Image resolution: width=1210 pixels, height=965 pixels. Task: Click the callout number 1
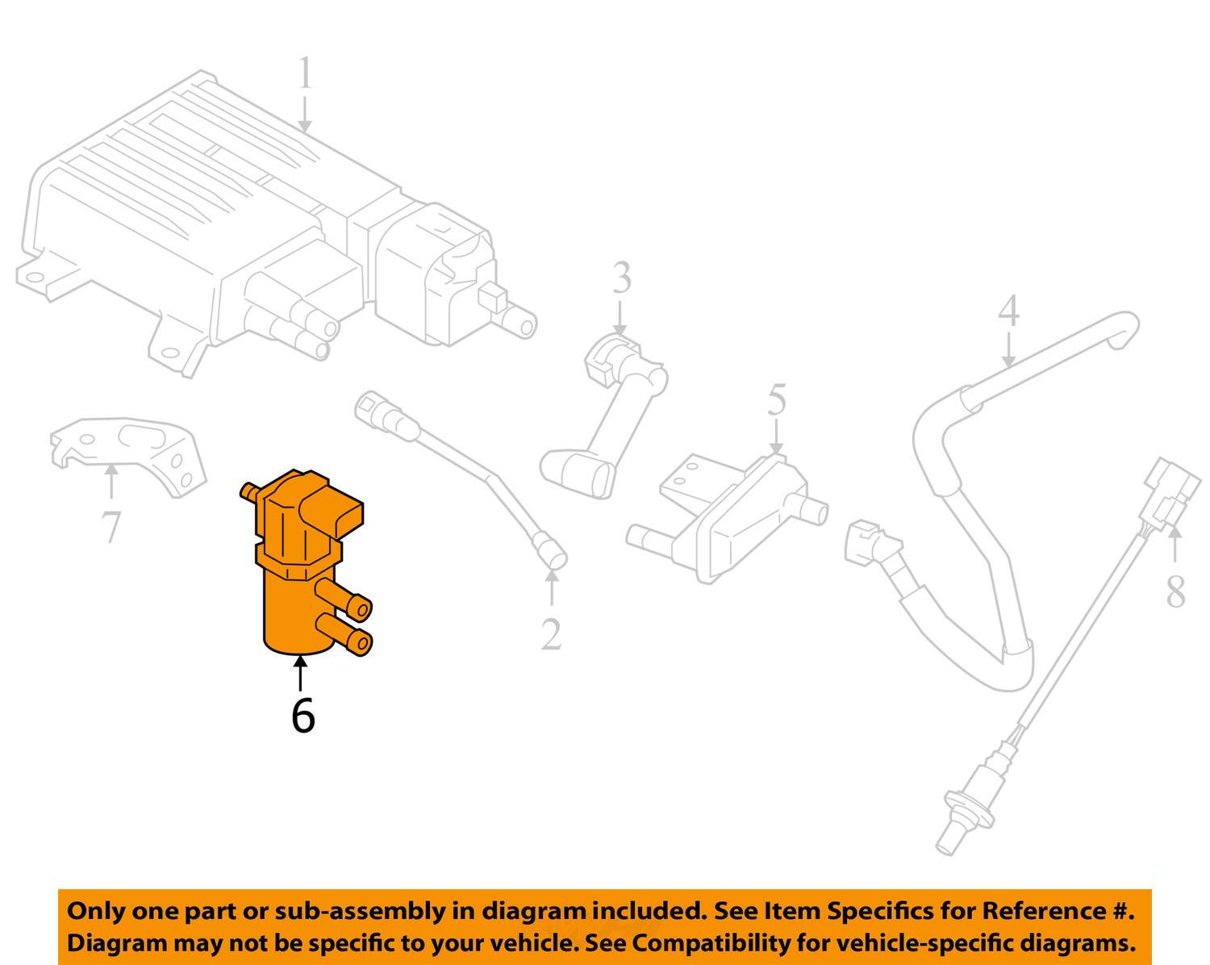[x=305, y=73]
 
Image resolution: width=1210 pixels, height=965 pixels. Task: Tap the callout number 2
[x=551, y=634]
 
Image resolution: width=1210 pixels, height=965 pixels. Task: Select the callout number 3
[x=621, y=278]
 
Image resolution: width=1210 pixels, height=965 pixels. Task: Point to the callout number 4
[x=1008, y=311]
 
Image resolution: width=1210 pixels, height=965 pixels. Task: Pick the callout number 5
[x=776, y=400]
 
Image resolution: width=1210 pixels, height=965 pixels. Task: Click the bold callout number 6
[x=302, y=715]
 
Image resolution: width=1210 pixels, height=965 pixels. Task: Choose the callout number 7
[x=111, y=528]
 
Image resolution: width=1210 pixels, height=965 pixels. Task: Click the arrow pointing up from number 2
[x=552, y=587]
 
